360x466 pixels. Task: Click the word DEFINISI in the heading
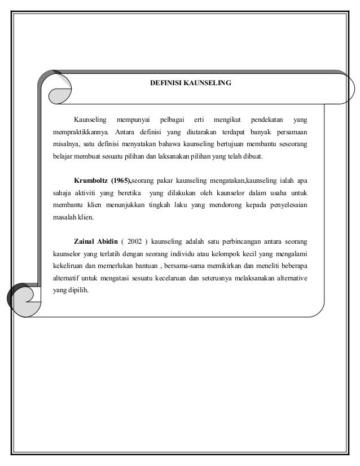164,83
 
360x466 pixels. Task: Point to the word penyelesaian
286,205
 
